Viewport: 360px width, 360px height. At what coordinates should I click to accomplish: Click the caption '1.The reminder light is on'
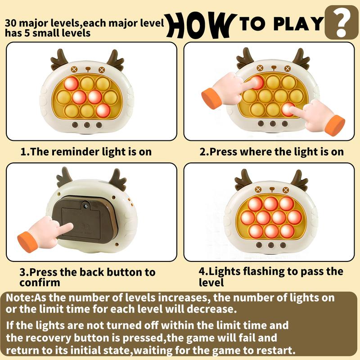coord(86,152)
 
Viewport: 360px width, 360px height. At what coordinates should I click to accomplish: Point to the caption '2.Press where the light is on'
coord(271,152)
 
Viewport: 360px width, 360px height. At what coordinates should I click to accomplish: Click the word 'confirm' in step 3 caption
coord(40,283)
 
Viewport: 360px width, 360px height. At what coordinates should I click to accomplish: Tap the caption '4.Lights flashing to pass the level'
coord(270,277)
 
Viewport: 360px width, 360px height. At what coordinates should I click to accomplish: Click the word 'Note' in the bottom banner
coord(19,297)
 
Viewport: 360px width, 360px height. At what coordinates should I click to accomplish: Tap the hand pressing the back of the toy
coord(45,233)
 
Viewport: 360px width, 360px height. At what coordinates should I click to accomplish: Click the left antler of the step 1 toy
coord(59,59)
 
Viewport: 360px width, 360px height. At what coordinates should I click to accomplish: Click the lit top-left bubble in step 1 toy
coord(71,83)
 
